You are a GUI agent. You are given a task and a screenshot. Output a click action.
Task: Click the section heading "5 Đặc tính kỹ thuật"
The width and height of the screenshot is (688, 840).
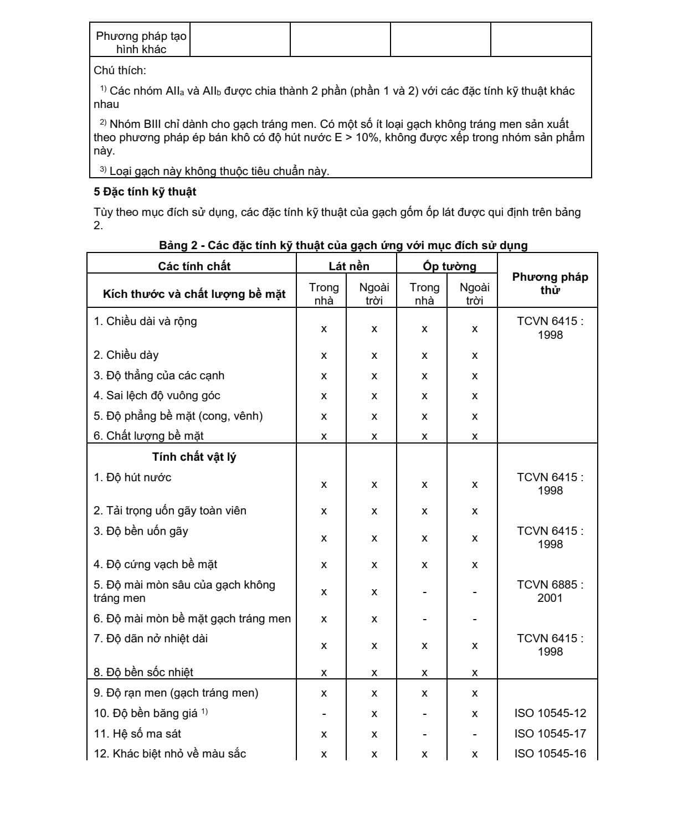coord(145,192)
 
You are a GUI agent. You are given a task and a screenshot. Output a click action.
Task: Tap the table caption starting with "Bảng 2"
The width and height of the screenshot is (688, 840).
coord(343,245)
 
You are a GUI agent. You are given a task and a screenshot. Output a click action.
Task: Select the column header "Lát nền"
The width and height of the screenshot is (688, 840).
coord(348,266)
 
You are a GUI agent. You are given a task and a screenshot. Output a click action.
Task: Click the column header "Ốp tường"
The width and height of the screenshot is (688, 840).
coord(449,266)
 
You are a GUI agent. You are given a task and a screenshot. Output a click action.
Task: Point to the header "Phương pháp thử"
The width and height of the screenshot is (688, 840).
coord(550,284)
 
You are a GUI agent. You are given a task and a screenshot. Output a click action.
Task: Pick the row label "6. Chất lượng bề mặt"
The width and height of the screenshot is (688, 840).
coord(148,436)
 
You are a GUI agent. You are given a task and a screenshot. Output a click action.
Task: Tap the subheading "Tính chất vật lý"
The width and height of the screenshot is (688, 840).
coord(194,457)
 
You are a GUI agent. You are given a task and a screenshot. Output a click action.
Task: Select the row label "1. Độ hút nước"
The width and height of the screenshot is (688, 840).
coord(132,477)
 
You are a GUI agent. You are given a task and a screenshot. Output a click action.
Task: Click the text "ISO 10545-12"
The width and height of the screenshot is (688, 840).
coord(550,713)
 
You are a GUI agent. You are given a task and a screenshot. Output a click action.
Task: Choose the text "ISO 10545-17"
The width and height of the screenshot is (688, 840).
coord(550,734)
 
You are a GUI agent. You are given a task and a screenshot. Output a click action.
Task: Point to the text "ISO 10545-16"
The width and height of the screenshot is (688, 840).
coord(550,754)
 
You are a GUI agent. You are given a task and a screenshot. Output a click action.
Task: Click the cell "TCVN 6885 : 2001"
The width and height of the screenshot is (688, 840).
coord(550,591)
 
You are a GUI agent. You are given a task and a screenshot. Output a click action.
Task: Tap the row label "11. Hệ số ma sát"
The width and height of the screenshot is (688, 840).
coord(137,734)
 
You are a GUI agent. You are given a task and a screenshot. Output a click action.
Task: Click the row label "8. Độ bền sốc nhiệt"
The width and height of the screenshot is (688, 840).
coord(143,672)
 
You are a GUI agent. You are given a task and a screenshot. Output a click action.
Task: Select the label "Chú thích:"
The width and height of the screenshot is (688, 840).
coord(120,70)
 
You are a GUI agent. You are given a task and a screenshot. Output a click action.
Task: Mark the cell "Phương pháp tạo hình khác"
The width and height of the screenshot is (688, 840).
coord(141,43)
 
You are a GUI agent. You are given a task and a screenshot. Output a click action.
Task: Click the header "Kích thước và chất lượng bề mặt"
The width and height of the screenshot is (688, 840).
coord(194,294)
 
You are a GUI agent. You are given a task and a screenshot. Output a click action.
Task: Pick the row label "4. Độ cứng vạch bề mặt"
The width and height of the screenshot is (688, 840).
coord(155,564)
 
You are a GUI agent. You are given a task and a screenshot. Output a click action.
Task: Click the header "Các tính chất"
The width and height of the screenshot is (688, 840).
coord(194,266)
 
